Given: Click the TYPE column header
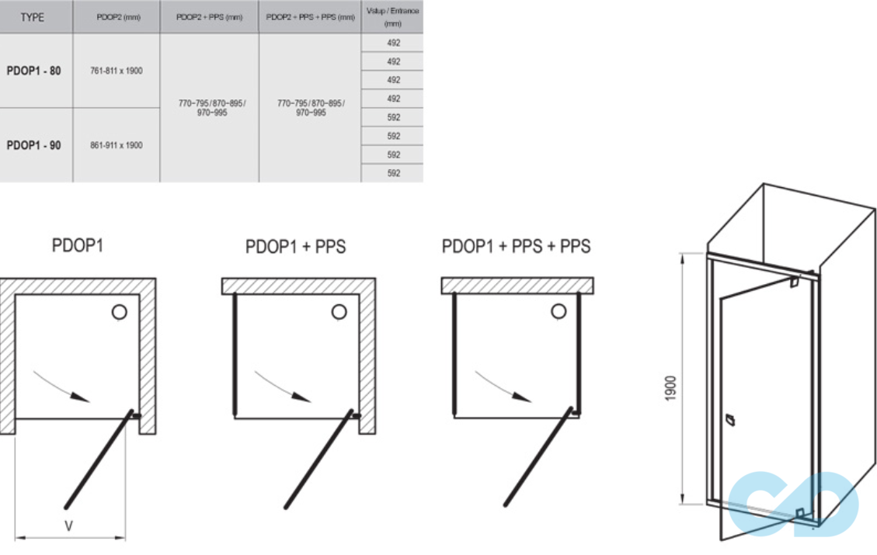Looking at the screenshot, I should coord(33,17).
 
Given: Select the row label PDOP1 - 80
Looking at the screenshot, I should coord(34,71).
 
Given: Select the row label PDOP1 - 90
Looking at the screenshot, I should coord(34,145).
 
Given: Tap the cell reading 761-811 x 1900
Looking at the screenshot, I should coord(117,71).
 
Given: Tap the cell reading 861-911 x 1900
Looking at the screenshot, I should coord(117,145).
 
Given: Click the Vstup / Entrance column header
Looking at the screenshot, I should coord(392,17).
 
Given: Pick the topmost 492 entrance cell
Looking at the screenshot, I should coord(393,43).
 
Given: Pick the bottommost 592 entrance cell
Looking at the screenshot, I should coord(393,173).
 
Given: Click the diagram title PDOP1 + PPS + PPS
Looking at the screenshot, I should coord(516,247).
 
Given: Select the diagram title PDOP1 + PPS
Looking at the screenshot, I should coord(295,248).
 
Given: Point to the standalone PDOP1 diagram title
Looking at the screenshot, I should coord(77,246).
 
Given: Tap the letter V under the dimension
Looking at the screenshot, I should coord(68,526).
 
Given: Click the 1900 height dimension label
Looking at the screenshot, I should coord(670,388).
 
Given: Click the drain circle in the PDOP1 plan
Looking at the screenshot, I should coord(119,312).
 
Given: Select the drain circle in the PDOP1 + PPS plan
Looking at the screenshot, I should coord(339,312).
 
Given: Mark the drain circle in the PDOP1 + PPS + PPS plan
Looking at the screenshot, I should coord(559,312).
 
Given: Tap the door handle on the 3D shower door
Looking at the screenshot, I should coord(728,421).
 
